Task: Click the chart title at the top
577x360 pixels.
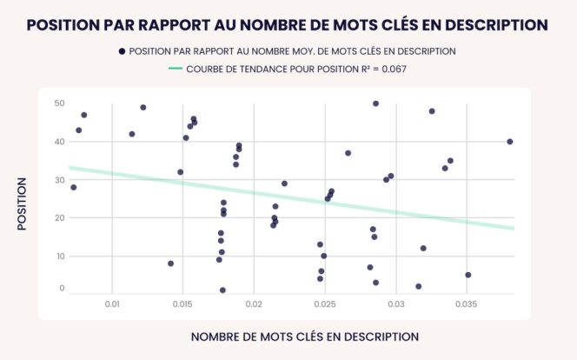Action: [x=288, y=25]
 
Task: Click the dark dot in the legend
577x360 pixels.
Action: [x=123, y=51]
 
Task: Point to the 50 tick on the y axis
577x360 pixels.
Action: [x=59, y=103]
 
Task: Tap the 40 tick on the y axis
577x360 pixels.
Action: [x=59, y=142]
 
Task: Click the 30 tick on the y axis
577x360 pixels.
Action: [x=59, y=180]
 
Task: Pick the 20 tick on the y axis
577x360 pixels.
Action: [x=59, y=218]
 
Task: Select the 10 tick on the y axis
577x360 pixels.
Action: [x=59, y=257]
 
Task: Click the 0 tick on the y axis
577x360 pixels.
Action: [x=62, y=289]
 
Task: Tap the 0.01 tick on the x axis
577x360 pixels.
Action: [x=112, y=304]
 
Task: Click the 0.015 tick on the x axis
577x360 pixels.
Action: [x=182, y=304]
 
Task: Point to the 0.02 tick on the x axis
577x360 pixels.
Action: [x=254, y=304]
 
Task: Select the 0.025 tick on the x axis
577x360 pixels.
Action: [x=324, y=304]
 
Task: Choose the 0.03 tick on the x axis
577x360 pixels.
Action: [x=395, y=304]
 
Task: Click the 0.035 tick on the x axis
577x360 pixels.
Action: [x=466, y=304]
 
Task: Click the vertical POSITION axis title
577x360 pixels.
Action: [x=22, y=204]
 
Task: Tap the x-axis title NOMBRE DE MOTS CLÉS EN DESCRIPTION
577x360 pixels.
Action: [x=304, y=337]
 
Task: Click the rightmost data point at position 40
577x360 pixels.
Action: [x=510, y=142]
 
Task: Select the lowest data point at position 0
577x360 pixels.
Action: [x=222, y=290]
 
